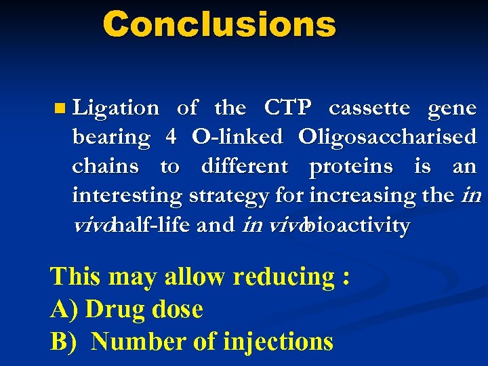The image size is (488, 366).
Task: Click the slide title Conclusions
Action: [x=219, y=25]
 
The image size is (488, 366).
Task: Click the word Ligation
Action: [x=116, y=108]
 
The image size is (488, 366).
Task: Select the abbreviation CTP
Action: [x=287, y=108]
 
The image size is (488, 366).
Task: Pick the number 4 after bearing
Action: [x=171, y=137]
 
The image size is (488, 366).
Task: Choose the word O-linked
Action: [x=237, y=137]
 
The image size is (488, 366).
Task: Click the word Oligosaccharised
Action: [x=387, y=138]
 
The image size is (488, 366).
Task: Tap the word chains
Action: [x=105, y=166]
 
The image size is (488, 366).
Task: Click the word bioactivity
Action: [x=357, y=225]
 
